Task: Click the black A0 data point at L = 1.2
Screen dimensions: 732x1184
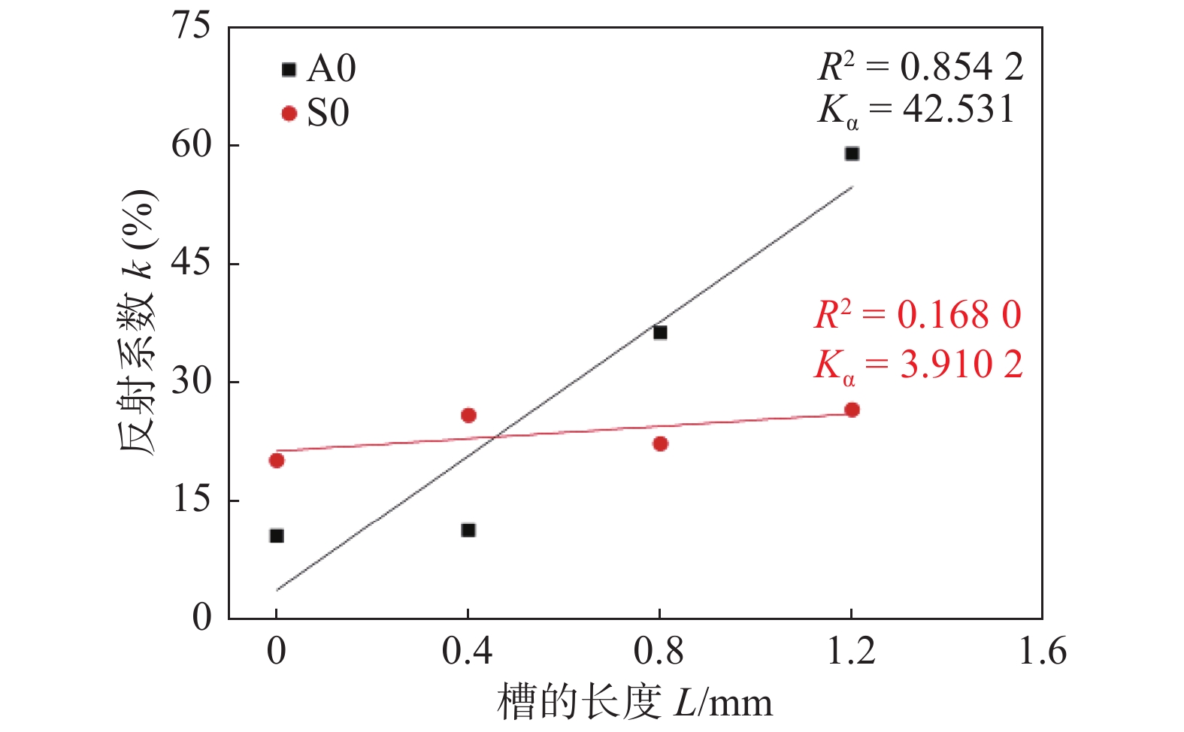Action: [852, 153]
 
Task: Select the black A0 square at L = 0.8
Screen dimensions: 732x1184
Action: [660, 332]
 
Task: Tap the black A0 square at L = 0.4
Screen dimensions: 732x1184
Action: [468, 530]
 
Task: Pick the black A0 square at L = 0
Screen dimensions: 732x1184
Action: [277, 536]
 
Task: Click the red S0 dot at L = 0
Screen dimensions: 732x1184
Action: [277, 460]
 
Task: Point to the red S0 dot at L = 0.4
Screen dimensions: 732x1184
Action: [468, 415]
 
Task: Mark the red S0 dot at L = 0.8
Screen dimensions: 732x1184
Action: [660, 443]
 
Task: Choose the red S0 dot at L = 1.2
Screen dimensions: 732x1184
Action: [852, 410]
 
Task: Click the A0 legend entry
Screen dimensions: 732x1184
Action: [319, 69]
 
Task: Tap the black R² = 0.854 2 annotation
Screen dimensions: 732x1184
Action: [920, 68]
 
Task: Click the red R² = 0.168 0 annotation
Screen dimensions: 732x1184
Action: [918, 315]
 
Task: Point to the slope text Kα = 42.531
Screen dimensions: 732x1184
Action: [916, 110]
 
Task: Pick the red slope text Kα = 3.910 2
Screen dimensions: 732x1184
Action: [918, 366]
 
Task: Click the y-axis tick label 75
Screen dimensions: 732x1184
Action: [191, 26]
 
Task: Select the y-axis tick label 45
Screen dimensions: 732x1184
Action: [191, 263]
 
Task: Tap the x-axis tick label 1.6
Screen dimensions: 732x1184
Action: [1042, 651]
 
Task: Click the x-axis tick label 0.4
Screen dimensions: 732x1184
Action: [468, 651]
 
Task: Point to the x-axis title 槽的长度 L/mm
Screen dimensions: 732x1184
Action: [634, 703]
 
